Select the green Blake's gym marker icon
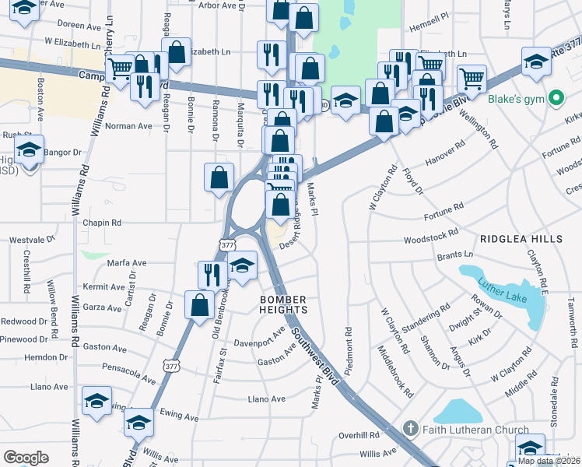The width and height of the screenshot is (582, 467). coord(556,100)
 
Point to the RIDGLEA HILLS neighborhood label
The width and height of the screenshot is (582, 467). coord(521,238)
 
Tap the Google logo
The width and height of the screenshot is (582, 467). coord(26,458)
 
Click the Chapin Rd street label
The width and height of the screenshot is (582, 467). coord(102,223)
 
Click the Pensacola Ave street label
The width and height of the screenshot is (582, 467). coord(128,374)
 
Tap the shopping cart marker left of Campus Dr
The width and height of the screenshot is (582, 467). coord(119,69)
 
